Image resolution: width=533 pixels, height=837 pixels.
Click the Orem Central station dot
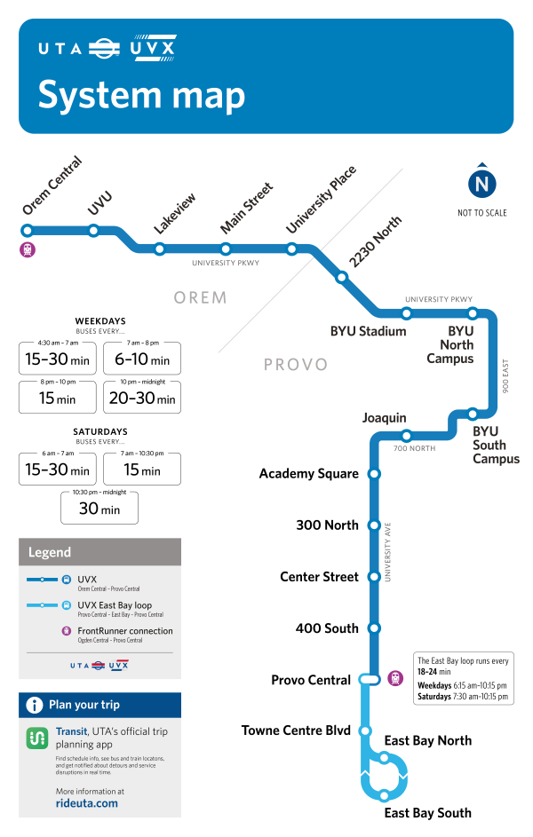[x=28, y=230]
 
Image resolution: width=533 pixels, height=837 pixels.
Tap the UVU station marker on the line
[x=93, y=231]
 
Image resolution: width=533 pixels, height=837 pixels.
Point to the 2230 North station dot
[x=341, y=278]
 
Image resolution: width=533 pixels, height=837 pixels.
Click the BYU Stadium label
[x=368, y=332]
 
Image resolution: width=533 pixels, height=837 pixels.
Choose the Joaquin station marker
[x=406, y=435]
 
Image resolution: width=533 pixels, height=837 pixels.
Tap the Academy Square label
[x=309, y=474]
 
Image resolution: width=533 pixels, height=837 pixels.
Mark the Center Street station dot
[x=374, y=576]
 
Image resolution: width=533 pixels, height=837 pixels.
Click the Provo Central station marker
[x=370, y=680]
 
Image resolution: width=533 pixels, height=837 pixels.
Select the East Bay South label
[x=427, y=813]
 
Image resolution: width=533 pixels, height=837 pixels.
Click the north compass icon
[x=482, y=185]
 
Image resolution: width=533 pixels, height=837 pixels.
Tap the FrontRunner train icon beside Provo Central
[x=395, y=679]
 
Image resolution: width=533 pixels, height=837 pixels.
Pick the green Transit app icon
[x=36, y=738]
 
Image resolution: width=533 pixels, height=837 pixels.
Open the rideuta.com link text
[x=86, y=803]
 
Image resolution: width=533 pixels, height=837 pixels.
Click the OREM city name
[x=201, y=297]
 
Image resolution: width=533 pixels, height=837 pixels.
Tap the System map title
[x=142, y=95]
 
